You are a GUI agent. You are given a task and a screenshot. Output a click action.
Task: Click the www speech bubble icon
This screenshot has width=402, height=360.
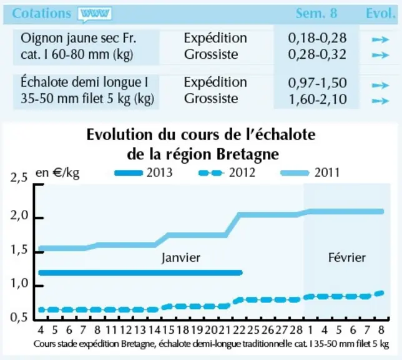[x=95, y=14]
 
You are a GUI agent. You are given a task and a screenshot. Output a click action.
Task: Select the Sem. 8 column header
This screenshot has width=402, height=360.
[x=316, y=13]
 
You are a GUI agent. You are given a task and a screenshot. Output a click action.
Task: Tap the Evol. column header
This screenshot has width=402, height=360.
[x=381, y=13]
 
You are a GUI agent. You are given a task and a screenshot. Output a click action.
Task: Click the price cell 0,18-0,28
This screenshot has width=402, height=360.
[x=317, y=38]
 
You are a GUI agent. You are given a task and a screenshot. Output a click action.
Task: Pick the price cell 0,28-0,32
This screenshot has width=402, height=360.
[x=317, y=54]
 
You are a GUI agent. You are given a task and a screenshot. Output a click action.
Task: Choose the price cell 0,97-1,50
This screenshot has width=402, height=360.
[x=317, y=82]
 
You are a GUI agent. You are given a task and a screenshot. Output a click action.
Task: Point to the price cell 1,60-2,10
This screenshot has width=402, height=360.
[x=318, y=99]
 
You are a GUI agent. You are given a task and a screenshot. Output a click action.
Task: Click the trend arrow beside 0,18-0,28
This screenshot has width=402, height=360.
[x=381, y=39]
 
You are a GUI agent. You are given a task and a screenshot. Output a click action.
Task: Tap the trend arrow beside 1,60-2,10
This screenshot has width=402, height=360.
[x=381, y=101]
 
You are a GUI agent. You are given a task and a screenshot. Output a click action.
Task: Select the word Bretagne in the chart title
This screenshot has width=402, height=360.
[x=248, y=154]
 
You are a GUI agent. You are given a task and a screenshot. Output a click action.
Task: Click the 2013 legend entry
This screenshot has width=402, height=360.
[x=144, y=172]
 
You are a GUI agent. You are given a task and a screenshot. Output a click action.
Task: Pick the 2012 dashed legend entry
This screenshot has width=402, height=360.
[x=227, y=172]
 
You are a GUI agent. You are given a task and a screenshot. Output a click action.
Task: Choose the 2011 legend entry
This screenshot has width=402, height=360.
[x=310, y=172]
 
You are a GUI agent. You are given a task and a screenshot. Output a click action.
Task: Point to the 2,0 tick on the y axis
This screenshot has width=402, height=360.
[x=19, y=216]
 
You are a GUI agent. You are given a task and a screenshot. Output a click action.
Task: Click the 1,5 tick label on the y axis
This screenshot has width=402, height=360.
[x=19, y=250]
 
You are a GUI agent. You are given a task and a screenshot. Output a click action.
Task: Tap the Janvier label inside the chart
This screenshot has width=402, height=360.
[x=181, y=257]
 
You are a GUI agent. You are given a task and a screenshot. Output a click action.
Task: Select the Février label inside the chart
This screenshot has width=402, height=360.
[x=347, y=257]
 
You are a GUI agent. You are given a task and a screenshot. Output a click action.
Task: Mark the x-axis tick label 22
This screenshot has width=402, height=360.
[x=239, y=330]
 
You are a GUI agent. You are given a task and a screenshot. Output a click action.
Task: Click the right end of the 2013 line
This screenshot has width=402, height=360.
[x=241, y=272]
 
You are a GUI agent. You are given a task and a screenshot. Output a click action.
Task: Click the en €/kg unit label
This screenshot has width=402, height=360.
[x=57, y=172]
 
